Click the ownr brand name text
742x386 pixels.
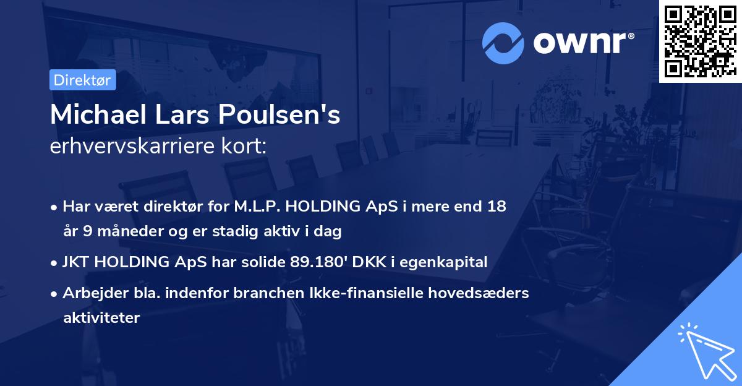(582, 42)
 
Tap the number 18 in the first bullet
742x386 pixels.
(497, 207)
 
